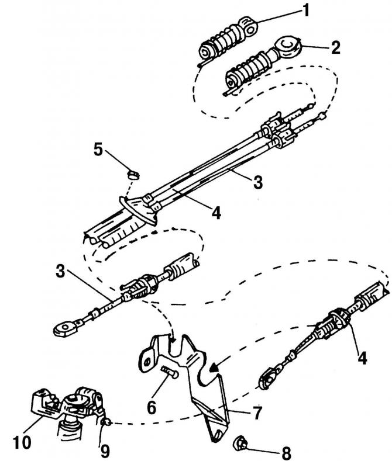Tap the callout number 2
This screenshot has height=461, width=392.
tap(335, 47)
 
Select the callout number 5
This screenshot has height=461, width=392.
tap(98, 150)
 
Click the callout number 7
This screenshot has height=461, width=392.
tap(257, 413)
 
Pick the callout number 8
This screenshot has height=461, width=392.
tap(286, 452)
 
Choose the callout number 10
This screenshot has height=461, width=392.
tap(22, 442)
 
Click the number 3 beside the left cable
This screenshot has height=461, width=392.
tap(60, 271)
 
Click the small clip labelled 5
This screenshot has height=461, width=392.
tap(133, 174)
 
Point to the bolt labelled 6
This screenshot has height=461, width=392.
tap(170, 372)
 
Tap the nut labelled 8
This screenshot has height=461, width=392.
tap(240, 443)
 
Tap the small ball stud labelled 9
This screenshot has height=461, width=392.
tap(106, 423)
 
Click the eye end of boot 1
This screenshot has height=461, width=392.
tap(249, 27)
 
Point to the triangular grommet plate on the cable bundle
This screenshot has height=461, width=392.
tap(138, 210)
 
